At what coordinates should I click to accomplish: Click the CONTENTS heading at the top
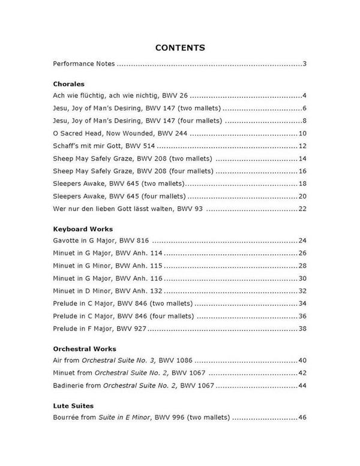point(180,47)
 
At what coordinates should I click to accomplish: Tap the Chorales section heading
point(68,84)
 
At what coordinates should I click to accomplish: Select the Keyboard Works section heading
point(83,229)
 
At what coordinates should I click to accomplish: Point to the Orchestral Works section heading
point(85,348)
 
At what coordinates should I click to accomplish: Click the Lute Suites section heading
point(73,406)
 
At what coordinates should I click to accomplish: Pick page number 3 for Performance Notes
point(305,63)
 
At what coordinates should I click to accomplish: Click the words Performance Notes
point(83,63)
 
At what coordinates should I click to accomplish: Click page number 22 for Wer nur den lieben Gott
point(302,208)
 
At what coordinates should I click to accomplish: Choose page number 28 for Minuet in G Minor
point(302,265)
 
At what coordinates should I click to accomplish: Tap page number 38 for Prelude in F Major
point(302,328)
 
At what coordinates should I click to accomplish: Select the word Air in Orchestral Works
point(58,360)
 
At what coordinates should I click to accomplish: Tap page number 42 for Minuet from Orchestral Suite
point(302,373)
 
